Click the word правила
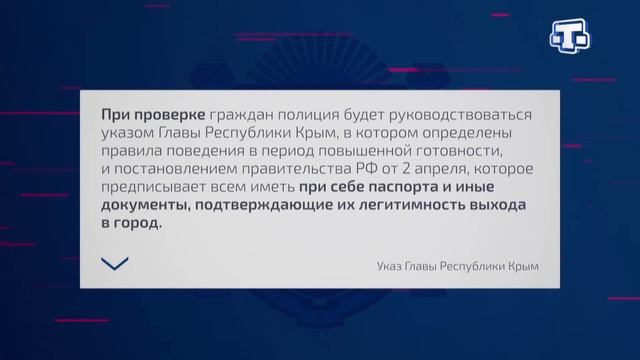[132, 152]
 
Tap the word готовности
[462, 152]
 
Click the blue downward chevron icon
[115, 263]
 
